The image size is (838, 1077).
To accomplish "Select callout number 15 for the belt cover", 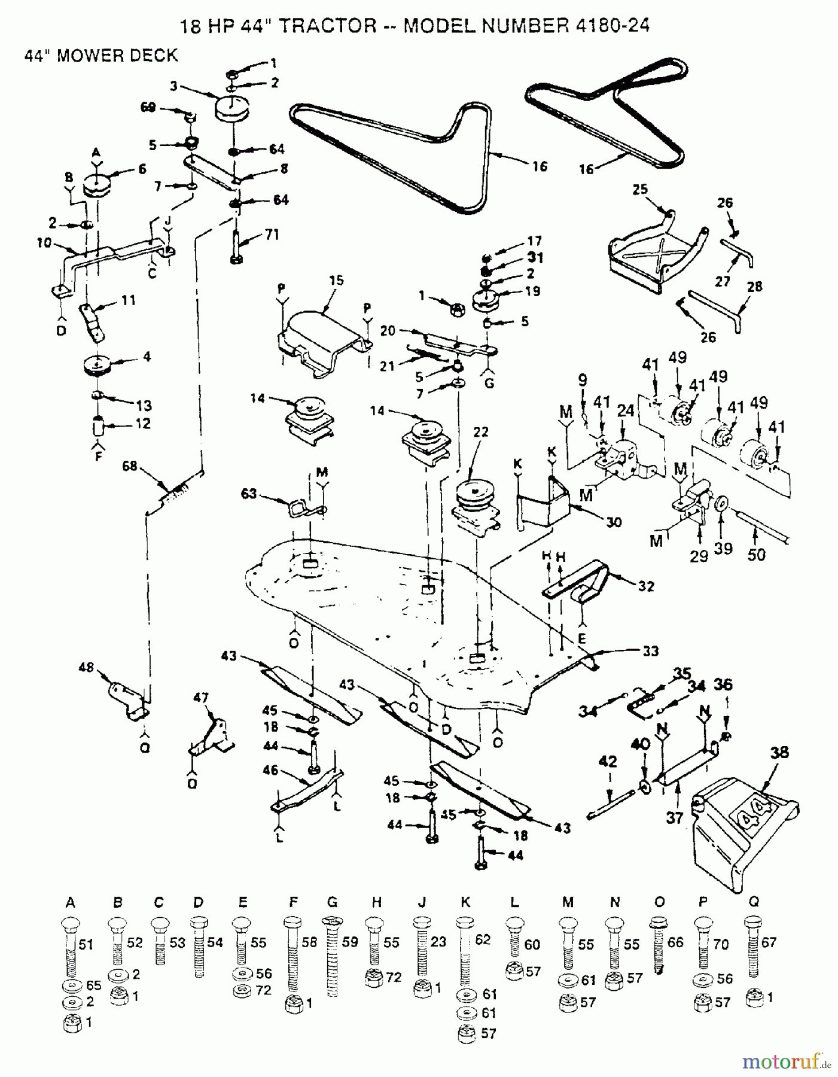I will point(337,280).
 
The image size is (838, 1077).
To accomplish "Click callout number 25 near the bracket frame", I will point(640,190).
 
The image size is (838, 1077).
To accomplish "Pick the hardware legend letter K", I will point(465,902).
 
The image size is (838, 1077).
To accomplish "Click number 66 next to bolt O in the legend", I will point(675,942).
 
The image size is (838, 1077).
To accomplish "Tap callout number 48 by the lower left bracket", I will point(87,667).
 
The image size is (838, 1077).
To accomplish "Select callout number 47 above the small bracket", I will point(201,697).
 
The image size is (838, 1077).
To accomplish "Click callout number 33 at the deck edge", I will point(650,651).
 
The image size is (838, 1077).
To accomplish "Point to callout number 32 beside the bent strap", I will point(646,586).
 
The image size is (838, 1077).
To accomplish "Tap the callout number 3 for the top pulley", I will point(173,86).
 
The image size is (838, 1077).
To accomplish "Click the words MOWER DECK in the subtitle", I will point(119,56).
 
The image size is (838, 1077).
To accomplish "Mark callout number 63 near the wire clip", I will point(249,494).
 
